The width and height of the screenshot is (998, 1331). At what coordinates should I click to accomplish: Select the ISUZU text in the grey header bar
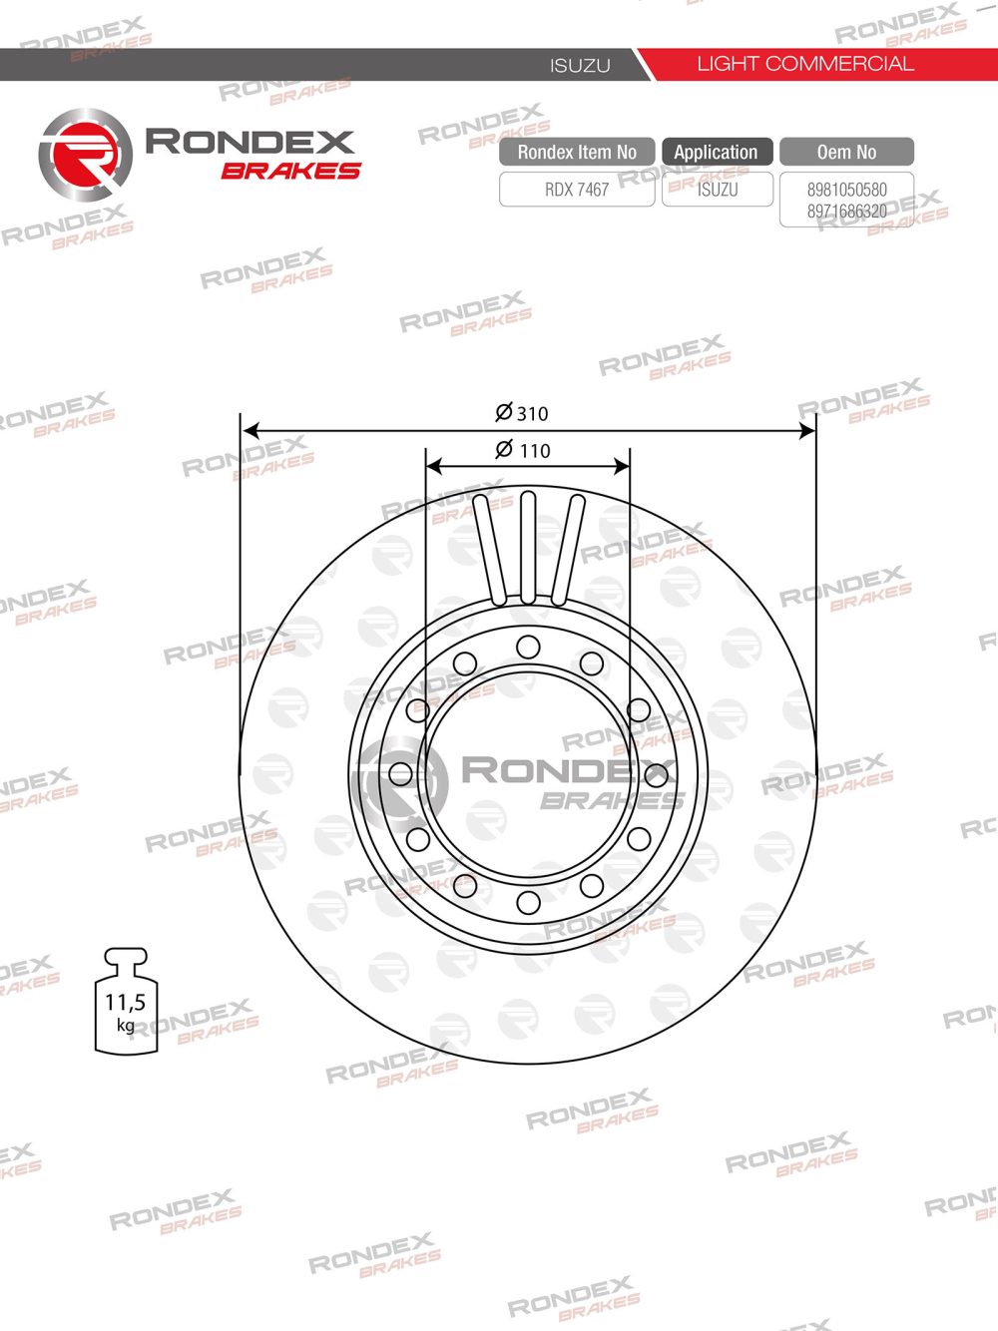tap(580, 66)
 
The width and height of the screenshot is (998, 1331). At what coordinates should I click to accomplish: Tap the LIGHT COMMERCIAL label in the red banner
tap(804, 64)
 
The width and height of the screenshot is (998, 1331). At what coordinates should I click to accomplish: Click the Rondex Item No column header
tap(577, 152)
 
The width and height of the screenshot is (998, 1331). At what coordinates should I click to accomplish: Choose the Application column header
tap(716, 152)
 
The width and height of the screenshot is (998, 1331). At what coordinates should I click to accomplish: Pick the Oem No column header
tap(846, 152)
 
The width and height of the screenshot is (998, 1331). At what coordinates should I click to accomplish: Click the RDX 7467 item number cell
tap(577, 190)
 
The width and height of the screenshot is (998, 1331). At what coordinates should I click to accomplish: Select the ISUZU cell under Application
tap(718, 190)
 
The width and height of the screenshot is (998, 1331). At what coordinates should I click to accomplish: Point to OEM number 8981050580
tap(846, 190)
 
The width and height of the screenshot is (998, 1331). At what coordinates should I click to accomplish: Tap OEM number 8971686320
tap(846, 212)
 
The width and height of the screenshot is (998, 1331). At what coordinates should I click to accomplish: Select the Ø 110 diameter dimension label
tap(523, 450)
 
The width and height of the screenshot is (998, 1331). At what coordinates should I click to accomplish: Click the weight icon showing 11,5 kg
tap(126, 1002)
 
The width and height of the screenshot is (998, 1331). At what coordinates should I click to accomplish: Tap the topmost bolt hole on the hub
tap(528, 647)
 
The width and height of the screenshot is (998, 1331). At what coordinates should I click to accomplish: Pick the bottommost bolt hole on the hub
tap(528, 903)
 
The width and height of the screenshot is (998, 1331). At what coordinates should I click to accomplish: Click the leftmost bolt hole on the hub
tap(401, 773)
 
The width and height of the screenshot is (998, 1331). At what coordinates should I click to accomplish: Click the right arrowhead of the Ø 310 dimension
tap(808, 431)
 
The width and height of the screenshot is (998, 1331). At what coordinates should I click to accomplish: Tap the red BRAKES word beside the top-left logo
tap(290, 172)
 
